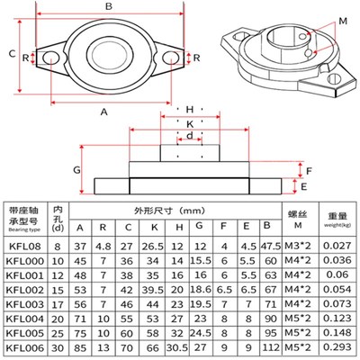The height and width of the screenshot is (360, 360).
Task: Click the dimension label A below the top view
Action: pyautogui.click(x=105, y=112)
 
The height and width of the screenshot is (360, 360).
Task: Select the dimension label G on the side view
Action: pyautogui.click(x=78, y=169)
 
